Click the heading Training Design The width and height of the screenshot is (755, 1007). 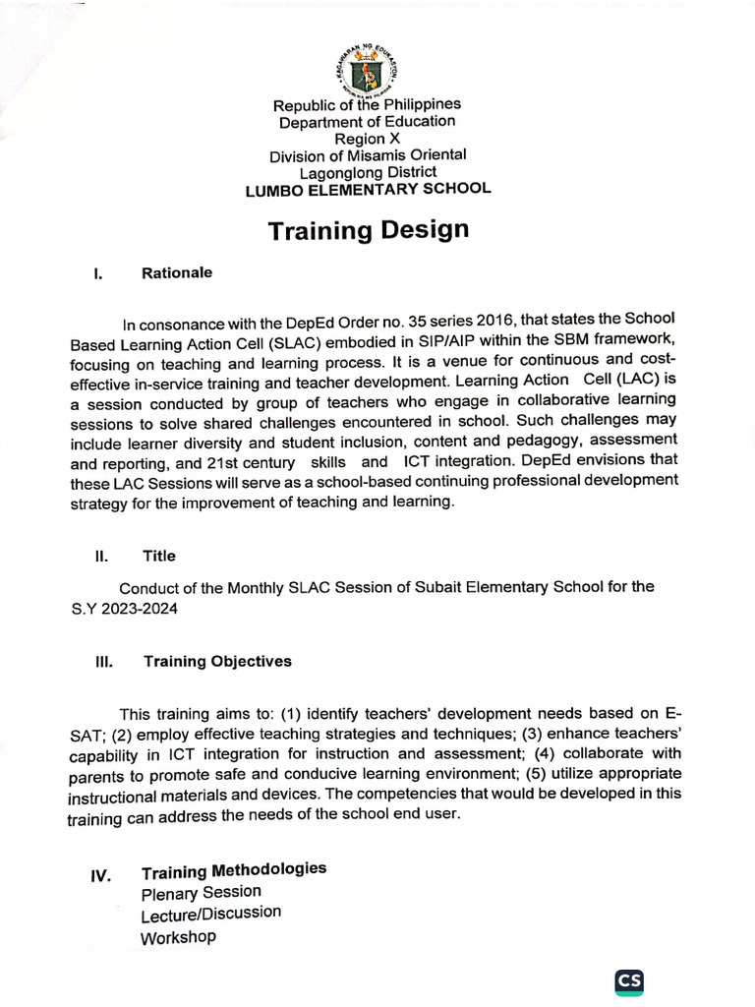(x=369, y=230)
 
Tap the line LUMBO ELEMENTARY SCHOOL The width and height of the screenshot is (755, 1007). (x=368, y=189)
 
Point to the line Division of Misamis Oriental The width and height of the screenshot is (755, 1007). (x=368, y=155)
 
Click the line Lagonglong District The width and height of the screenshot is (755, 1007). (x=368, y=172)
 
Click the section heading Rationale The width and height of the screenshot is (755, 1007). (x=177, y=271)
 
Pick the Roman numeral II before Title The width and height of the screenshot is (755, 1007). (x=100, y=556)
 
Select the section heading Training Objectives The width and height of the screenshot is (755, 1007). (x=217, y=661)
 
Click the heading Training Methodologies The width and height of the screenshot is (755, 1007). (x=234, y=871)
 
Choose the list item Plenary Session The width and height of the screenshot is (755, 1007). (x=202, y=893)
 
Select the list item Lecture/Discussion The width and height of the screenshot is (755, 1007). (x=210, y=915)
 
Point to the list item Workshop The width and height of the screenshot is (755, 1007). (x=178, y=937)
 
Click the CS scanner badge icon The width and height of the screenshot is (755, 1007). (x=629, y=981)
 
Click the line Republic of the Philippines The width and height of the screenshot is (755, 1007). (x=367, y=104)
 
